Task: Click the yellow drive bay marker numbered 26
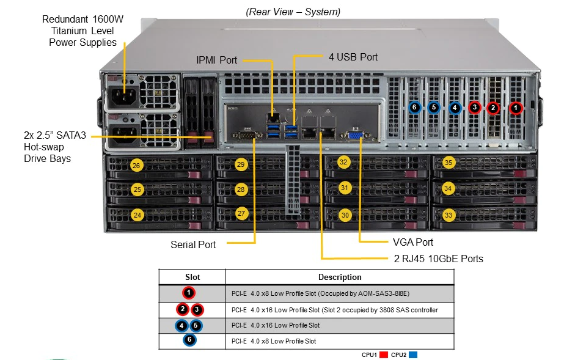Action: coord(136,165)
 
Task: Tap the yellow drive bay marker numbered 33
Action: coord(449,215)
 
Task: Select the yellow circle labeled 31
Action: coord(344,188)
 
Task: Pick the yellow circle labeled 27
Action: coord(241,213)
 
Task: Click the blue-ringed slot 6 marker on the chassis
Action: coord(414,108)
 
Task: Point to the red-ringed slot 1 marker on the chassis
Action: coord(516,108)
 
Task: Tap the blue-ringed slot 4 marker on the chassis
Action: coord(455,108)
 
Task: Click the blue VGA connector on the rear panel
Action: coord(355,135)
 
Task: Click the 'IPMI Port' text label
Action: coord(217,60)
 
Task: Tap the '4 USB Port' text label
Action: coord(353,57)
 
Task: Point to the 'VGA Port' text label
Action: coord(413,242)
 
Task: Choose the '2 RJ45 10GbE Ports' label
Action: coord(438,259)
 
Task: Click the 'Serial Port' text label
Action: coord(193,244)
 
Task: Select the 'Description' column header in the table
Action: coord(340,277)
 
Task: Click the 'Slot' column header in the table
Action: coord(192,277)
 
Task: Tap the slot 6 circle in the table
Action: coord(189,340)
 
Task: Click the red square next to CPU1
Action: coord(384,354)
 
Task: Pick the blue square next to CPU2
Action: coord(413,354)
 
